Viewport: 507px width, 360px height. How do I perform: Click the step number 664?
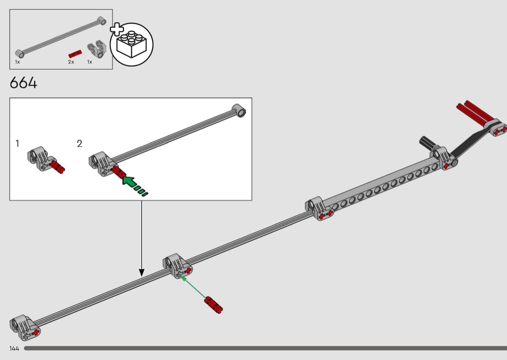point(23,83)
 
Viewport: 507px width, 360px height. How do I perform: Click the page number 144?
point(14,348)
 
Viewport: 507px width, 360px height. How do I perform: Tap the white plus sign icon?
point(117,29)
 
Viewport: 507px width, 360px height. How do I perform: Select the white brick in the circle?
point(132,44)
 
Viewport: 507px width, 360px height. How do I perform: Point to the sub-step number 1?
point(17,143)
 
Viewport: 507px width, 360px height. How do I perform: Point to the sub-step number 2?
point(80,143)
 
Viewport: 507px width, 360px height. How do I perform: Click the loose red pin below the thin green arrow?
point(213,305)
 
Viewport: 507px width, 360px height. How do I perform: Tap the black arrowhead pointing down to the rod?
point(141,273)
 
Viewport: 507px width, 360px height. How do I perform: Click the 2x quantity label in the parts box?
point(71,62)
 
